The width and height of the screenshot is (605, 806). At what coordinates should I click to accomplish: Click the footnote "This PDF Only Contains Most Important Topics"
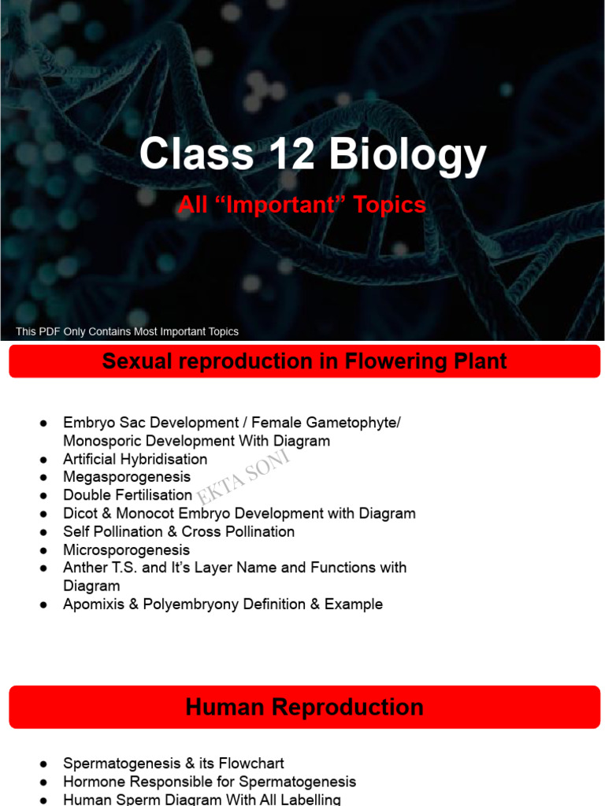(x=127, y=331)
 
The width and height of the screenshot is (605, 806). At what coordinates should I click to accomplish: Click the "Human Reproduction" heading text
(x=304, y=707)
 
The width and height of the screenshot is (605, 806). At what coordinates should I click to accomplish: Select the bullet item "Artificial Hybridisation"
(x=135, y=459)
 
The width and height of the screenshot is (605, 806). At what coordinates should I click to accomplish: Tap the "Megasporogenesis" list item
(x=127, y=477)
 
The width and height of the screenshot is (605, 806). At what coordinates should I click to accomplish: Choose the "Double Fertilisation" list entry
(x=128, y=495)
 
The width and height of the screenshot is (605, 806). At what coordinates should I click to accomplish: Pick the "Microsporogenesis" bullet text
(x=126, y=550)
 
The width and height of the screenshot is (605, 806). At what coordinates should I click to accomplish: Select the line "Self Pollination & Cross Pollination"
(x=179, y=531)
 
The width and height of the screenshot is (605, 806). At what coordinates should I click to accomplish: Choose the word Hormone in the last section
(x=91, y=782)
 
